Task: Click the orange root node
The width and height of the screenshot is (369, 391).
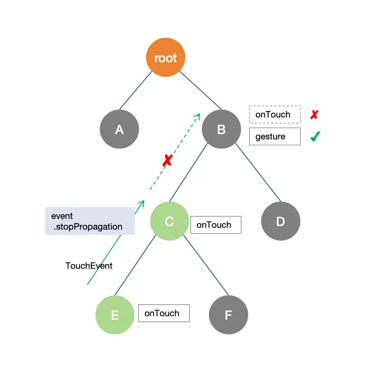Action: [166, 58]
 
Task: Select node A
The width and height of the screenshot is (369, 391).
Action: [119, 129]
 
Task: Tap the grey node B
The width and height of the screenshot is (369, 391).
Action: [221, 129]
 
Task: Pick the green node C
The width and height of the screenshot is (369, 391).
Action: [170, 221]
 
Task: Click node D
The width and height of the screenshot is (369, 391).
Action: [281, 221]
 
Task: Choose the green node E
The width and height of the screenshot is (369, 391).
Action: [115, 315]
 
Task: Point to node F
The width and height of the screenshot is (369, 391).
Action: [228, 315]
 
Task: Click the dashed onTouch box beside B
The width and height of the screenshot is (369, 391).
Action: [275, 115]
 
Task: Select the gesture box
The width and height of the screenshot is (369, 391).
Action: [275, 136]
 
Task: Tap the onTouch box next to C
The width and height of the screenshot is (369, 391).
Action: [216, 225]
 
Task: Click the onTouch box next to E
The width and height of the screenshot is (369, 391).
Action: [164, 313]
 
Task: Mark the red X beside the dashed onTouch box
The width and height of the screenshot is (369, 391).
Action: [314, 115]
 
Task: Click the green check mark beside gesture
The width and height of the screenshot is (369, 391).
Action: [316, 136]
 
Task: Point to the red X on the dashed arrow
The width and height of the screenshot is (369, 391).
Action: [167, 160]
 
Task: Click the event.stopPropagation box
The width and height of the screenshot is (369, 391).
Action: [90, 221]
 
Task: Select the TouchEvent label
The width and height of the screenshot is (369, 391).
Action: [89, 266]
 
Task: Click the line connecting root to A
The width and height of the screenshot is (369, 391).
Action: [136, 91]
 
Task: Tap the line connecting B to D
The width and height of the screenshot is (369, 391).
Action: [258, 172]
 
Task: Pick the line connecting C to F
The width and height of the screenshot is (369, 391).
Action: [206, 265]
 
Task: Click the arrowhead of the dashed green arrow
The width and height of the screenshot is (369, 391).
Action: [198, 116]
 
